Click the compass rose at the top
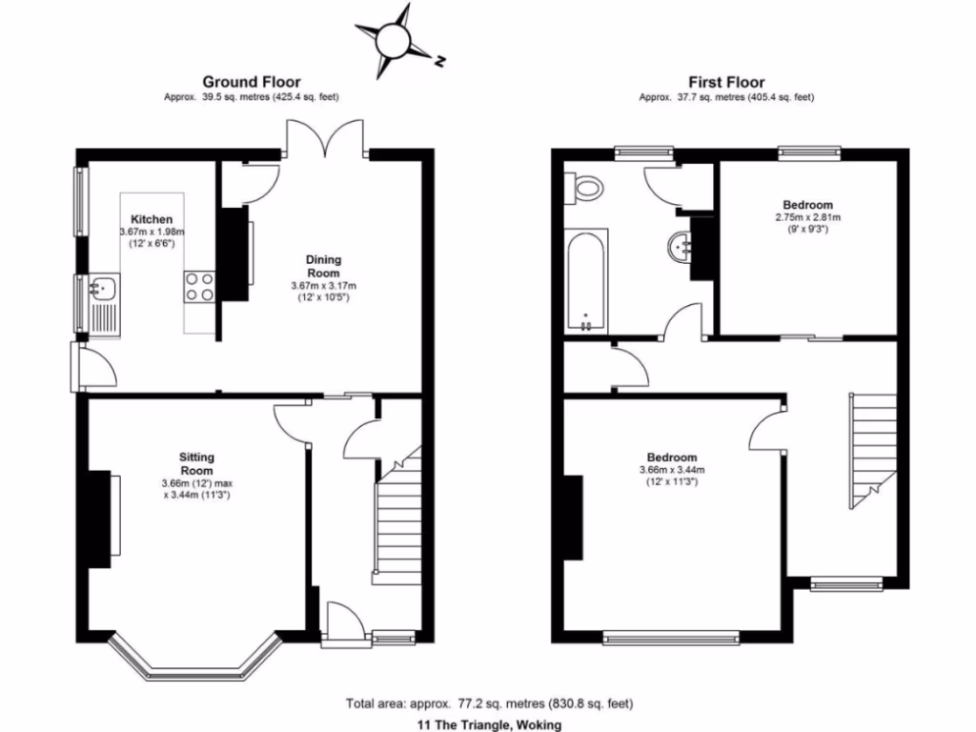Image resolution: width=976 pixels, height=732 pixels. pyautogui.click(x=393, y=40)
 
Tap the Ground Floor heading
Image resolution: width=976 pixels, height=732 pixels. pyautogui.click(x=252, y=83)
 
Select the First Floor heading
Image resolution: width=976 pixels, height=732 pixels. pyautogui.click(x=726, y=83)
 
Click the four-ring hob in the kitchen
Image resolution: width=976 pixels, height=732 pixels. pyautogui.click(x=200, y=287)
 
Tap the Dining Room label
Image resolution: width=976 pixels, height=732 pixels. pyautogui.click(x=323, y=266)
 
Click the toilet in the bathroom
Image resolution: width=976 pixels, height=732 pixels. pyautogui.click(x=587, y=188)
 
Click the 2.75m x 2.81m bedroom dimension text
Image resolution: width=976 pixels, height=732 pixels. pyautogui.click(x=807, y=217)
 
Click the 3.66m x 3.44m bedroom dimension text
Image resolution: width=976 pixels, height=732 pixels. pyautogui.click(x=672, y=470)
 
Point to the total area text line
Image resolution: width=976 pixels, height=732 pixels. pyautogui.click(x=489, y=704)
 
